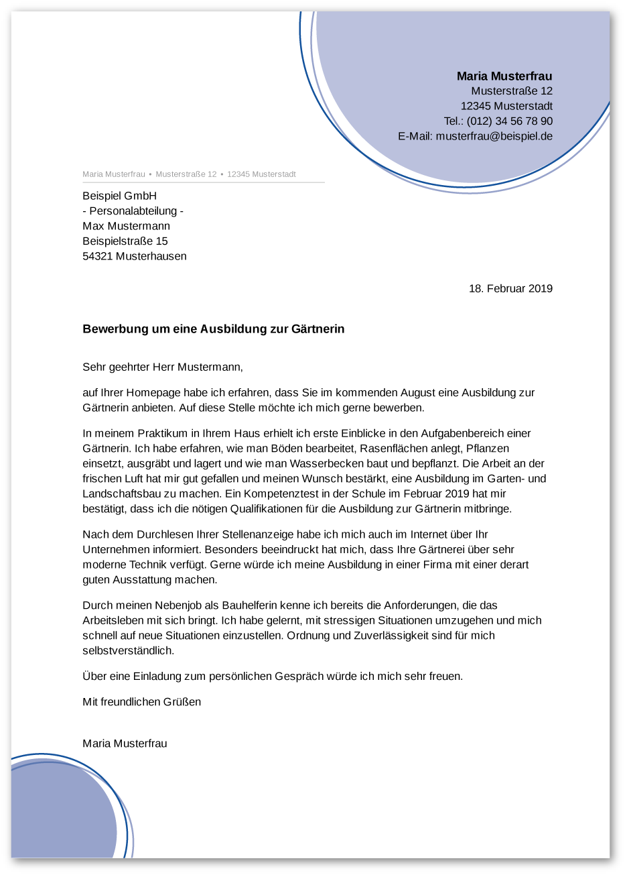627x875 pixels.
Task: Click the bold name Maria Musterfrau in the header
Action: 504,76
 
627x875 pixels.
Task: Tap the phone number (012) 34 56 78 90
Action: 510,121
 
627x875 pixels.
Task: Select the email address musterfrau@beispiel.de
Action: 494,136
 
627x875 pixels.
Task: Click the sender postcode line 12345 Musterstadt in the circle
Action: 506,106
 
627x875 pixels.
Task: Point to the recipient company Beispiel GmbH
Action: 119,196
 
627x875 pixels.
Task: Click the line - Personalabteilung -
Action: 133,211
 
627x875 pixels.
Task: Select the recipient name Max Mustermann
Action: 126,226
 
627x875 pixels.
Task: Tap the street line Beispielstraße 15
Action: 125,241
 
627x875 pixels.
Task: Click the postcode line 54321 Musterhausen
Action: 135,256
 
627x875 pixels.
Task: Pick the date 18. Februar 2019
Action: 510,288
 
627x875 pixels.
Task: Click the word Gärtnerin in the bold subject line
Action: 318,329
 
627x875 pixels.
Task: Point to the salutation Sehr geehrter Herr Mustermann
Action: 162,367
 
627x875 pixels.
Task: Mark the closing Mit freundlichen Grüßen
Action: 141,702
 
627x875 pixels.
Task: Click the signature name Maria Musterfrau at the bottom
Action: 125,744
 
